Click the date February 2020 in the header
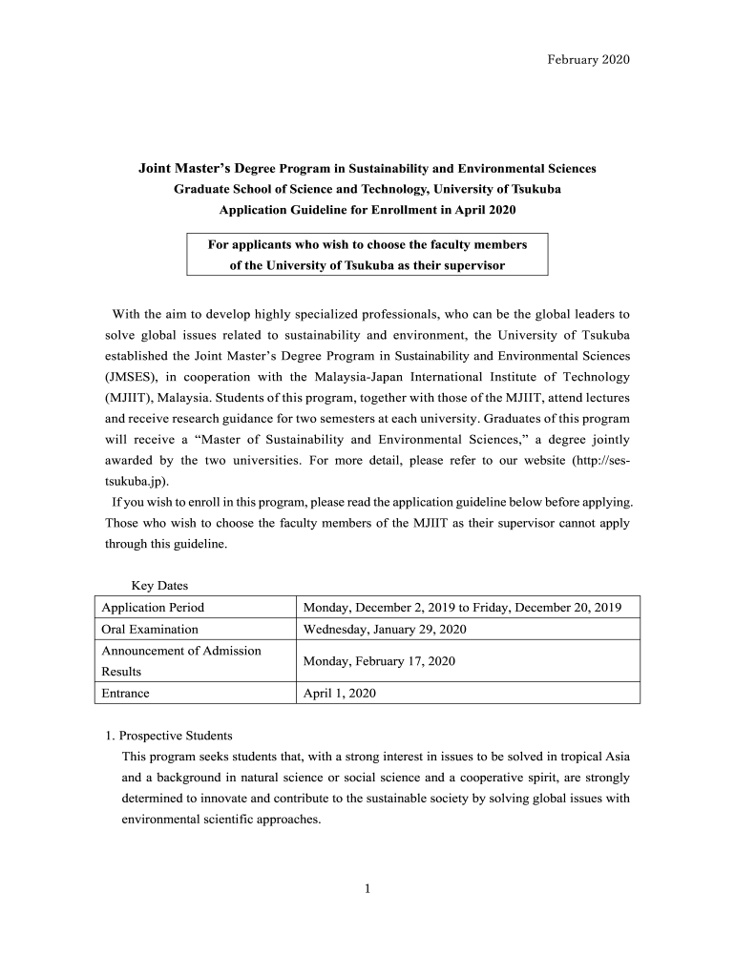tap(588, 60)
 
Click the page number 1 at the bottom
tap(367, 889)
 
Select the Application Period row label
tap(153, 607)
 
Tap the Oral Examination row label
tap(150, 629)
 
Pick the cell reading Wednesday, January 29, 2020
tap(384, 629)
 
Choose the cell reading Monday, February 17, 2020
tap(379, 660)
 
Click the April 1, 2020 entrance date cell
tap(339, 694)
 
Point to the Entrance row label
tap(125, 694)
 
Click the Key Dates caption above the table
tap(158, 585)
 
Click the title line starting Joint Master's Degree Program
tap(367, 169)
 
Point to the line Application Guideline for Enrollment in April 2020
tap(367, 209)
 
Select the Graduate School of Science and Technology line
tap(367, 189)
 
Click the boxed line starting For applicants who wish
tap(367, 244)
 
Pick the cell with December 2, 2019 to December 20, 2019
tap(462, 607)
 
